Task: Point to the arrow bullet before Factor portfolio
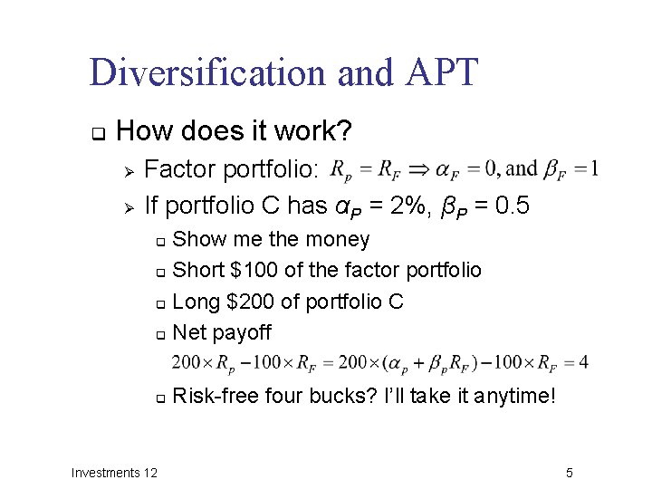(x=129, y=170)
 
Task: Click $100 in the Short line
(x=257, y=270)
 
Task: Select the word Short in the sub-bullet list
(x=197, y=270)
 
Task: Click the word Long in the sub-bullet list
(x=194, y=301)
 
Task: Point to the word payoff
(x=241, y=332)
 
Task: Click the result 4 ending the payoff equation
(x=584, y=362)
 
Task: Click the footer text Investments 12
(x=114, y=473)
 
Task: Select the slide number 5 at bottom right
(x=570, y=473)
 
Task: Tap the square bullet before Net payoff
(x=159, y=334)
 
